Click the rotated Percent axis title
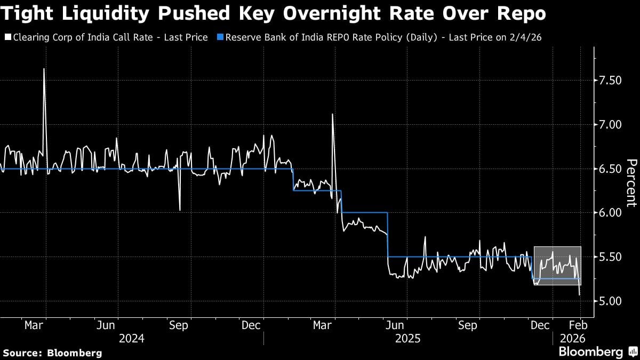pos(631,182)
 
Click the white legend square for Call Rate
pos(7,38)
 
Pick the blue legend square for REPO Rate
pos(219,38)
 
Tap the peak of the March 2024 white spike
pos(44,69)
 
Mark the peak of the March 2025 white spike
pos(333,114)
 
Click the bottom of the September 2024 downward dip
pos(180,210)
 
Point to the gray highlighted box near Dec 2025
pos(557,265)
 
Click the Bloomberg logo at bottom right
pos(597,351)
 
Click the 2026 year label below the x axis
pos(573,338)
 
